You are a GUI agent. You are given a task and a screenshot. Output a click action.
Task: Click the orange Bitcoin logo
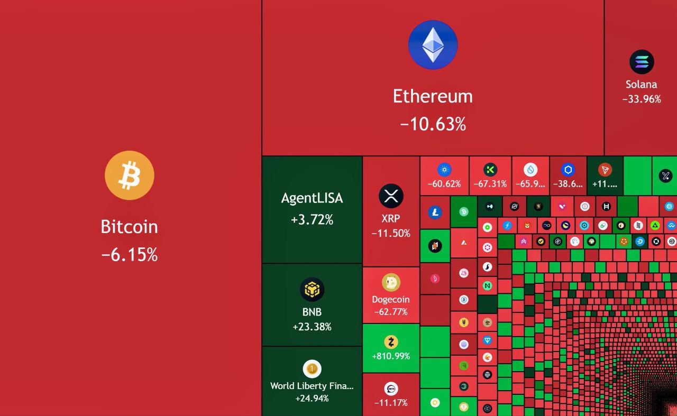[x=130, y=175]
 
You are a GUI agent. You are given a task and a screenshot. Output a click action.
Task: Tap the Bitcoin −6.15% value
[x=130, y=255]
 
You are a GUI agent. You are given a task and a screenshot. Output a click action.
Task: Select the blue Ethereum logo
[x=433, y=45]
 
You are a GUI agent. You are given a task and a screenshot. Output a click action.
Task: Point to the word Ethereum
[x=433, y=96]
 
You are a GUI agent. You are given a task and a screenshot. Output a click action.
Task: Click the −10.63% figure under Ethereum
[x=433, y=124]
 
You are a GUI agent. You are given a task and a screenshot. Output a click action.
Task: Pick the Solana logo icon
[x=642, y=62]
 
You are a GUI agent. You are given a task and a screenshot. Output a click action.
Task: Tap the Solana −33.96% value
[x=642, y=99]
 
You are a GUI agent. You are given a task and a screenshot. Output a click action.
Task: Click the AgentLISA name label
[x=312, y=198]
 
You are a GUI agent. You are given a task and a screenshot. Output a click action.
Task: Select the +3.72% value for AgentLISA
[x=312, y=219]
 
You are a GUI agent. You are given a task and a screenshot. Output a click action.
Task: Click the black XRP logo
[x=391, y=196]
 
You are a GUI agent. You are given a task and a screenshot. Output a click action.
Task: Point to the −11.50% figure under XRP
[x=391, y=233]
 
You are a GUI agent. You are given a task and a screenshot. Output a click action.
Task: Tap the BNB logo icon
[x=312, y=290]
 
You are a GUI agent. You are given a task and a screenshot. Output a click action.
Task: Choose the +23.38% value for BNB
[x=312, y=327]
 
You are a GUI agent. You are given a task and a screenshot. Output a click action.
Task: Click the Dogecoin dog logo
[x=391, y=282]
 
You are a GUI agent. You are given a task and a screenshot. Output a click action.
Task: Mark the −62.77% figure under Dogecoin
[x=391, y=312]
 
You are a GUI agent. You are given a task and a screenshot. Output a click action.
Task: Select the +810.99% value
[x=391, y=356]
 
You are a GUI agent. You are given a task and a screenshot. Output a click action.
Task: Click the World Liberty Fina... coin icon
[x=312, y=368]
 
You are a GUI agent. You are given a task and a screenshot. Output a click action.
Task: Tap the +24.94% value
[x=312, y=398]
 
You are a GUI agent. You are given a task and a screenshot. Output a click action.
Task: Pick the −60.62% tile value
[x=444, y=184]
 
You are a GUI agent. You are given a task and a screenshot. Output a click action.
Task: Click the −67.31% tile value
[x=490, y=184]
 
